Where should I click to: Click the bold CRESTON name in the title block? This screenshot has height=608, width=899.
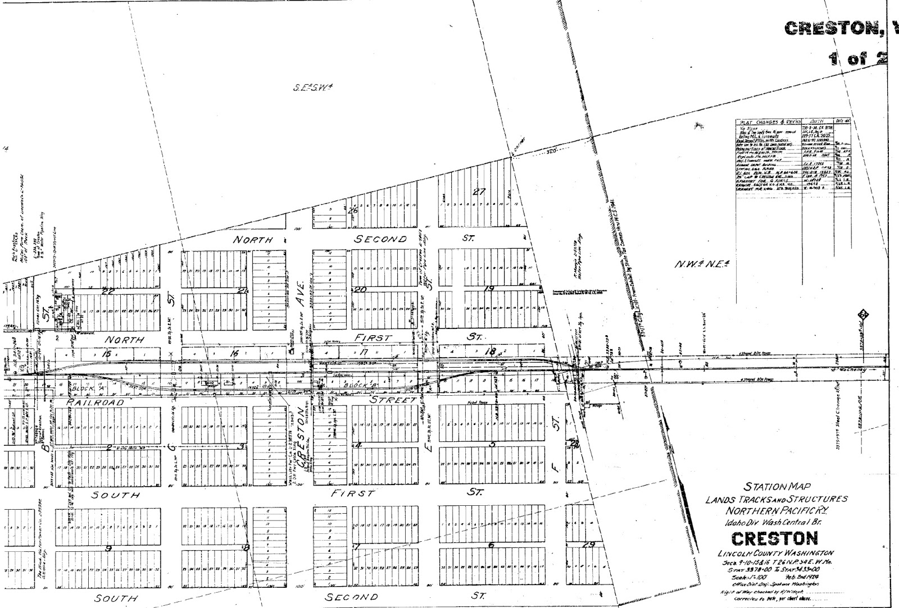click(x=774, y=538)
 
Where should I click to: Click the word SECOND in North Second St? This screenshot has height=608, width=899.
click(x=380, y=239)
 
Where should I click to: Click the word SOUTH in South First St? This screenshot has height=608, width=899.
click(x=116, y=495)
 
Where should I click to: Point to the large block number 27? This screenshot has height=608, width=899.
click(x=479, y=191)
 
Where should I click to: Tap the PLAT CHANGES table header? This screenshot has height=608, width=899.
click(x=769, y=122)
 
